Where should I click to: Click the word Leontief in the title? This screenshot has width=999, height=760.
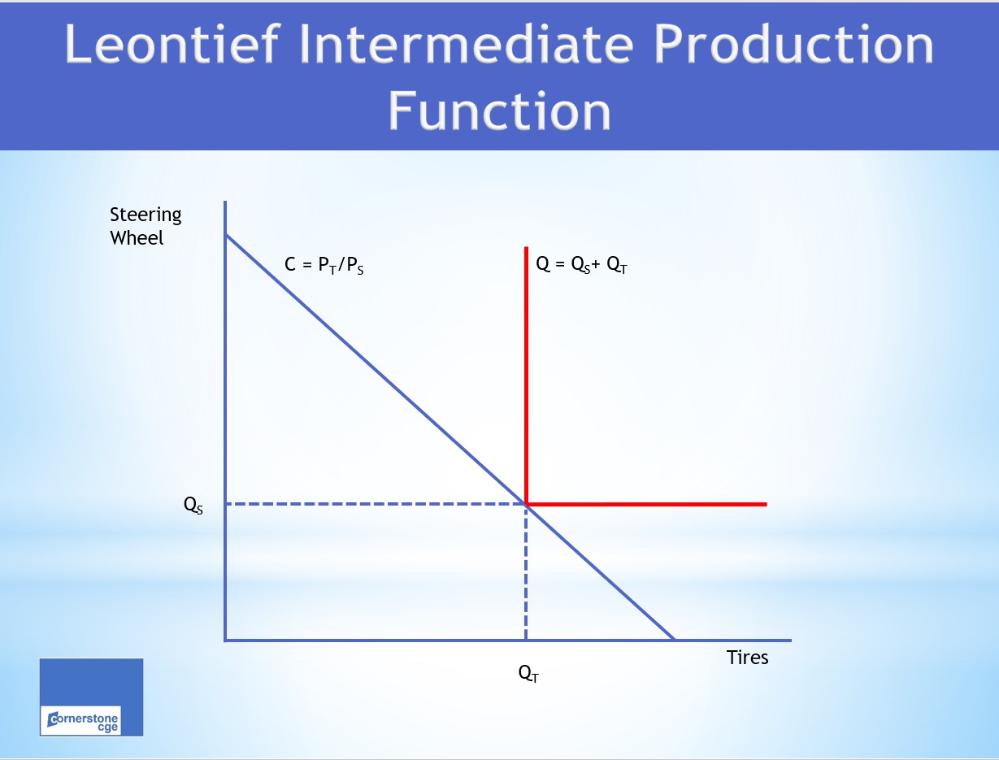click(172, 44)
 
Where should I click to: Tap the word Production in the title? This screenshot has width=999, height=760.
click(794, 44)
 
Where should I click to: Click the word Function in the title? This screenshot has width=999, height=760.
click(499, 111)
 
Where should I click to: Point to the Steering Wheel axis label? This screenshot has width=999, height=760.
click(146, 226)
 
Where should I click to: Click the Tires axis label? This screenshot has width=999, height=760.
click(747, 657)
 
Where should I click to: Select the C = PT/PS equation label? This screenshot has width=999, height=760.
click(324, 265)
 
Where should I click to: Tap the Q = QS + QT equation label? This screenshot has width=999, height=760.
click(582, 264)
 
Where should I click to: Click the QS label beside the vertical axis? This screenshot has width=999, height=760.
click(193, 505)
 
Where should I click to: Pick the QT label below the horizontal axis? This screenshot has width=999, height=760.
click(528, 673)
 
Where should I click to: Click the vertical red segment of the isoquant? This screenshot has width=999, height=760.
click(526, 376)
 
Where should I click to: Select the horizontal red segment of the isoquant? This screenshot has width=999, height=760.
click(646, 504)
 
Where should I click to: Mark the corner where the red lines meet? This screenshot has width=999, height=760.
click(526, 504)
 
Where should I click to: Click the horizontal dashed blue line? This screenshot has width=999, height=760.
click(376, 504)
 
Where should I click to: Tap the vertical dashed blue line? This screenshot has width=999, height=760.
click(526, 572)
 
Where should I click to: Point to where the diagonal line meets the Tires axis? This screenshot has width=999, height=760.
click(674, 640)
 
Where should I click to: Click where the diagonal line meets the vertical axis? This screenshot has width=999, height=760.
click(226, 235)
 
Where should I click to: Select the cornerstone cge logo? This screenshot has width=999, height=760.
click(92, 697)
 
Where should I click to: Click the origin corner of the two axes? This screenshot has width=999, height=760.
click(225, 641)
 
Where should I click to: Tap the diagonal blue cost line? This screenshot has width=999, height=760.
click(450, 437)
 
